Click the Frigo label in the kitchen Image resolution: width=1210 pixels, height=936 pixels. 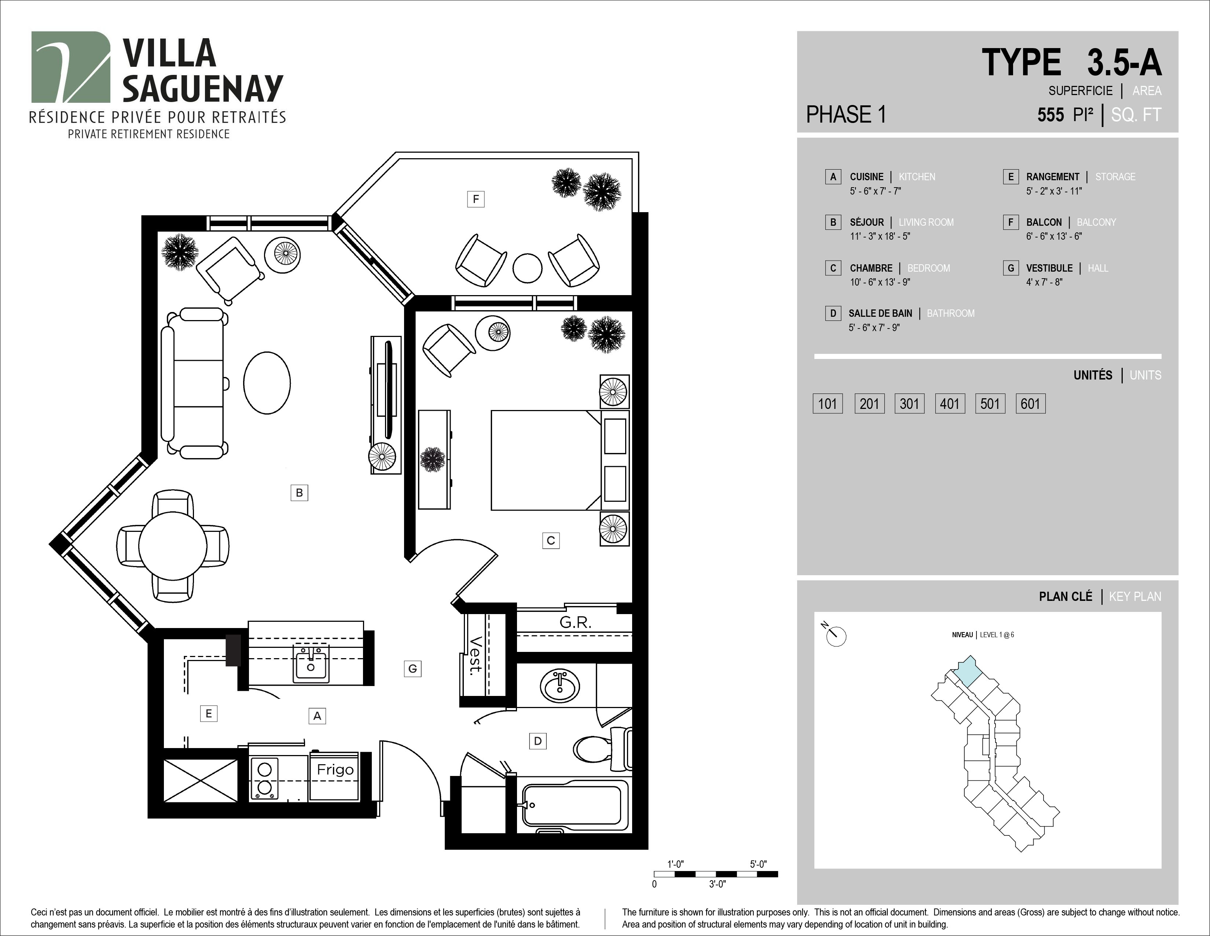(335, 770)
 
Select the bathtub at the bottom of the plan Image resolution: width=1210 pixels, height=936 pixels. (573, 805)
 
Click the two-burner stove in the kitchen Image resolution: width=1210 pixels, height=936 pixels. (264, 778)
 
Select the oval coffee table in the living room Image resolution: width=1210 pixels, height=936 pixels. (267, 382)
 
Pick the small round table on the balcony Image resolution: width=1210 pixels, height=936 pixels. (527, 268)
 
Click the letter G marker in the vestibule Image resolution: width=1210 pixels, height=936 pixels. (413, 669)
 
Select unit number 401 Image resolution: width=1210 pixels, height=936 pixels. (950, 404)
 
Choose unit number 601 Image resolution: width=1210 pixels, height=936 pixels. (1030, 404)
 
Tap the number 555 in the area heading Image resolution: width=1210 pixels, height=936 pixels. (1050, 115)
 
